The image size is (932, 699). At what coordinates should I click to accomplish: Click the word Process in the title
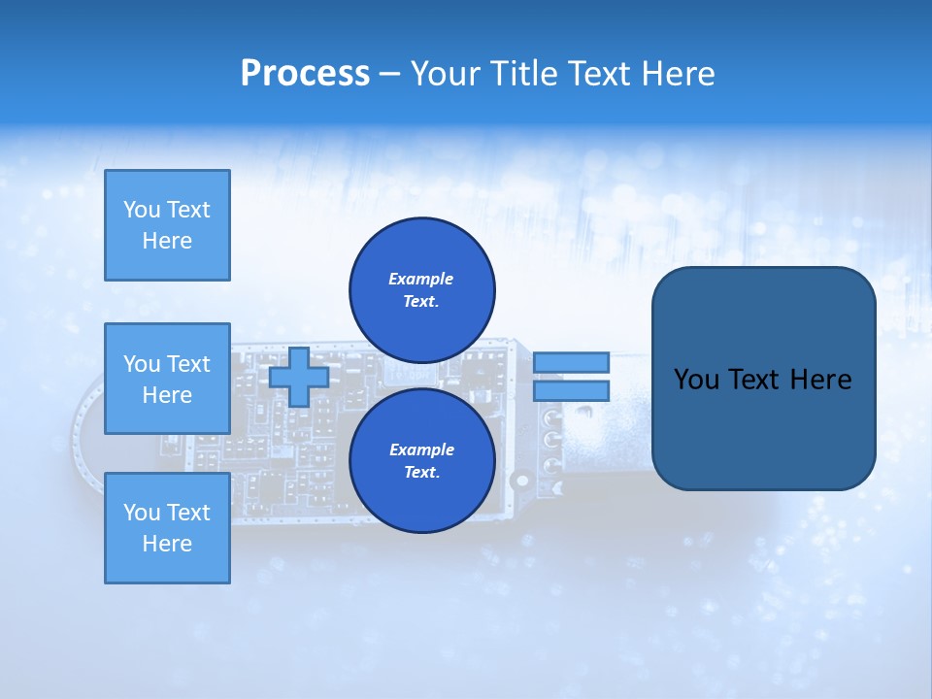point(305,73)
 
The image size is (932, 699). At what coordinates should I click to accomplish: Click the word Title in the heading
point(524,73)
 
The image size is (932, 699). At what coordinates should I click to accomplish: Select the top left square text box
point(167,225)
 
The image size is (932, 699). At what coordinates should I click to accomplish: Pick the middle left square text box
point(167,379)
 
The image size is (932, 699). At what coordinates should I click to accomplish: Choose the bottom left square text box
point(167,528)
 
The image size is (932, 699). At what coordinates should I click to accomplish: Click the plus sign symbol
point(299,377)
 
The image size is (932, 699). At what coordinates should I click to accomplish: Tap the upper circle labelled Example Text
point(422,289)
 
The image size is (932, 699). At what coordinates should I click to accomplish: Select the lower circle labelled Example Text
point(422,460)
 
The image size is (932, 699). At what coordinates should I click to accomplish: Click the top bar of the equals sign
point(571,362)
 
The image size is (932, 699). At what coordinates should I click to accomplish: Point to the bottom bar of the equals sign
point(571,390)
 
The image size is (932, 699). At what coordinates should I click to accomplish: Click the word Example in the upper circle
point(421,279)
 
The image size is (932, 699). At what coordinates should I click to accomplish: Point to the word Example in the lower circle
point(421,449)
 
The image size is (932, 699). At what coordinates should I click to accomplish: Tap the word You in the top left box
point(142,210)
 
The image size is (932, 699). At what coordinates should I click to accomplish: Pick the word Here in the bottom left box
point(167,544)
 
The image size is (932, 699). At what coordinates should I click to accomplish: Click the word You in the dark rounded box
point(697,380)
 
